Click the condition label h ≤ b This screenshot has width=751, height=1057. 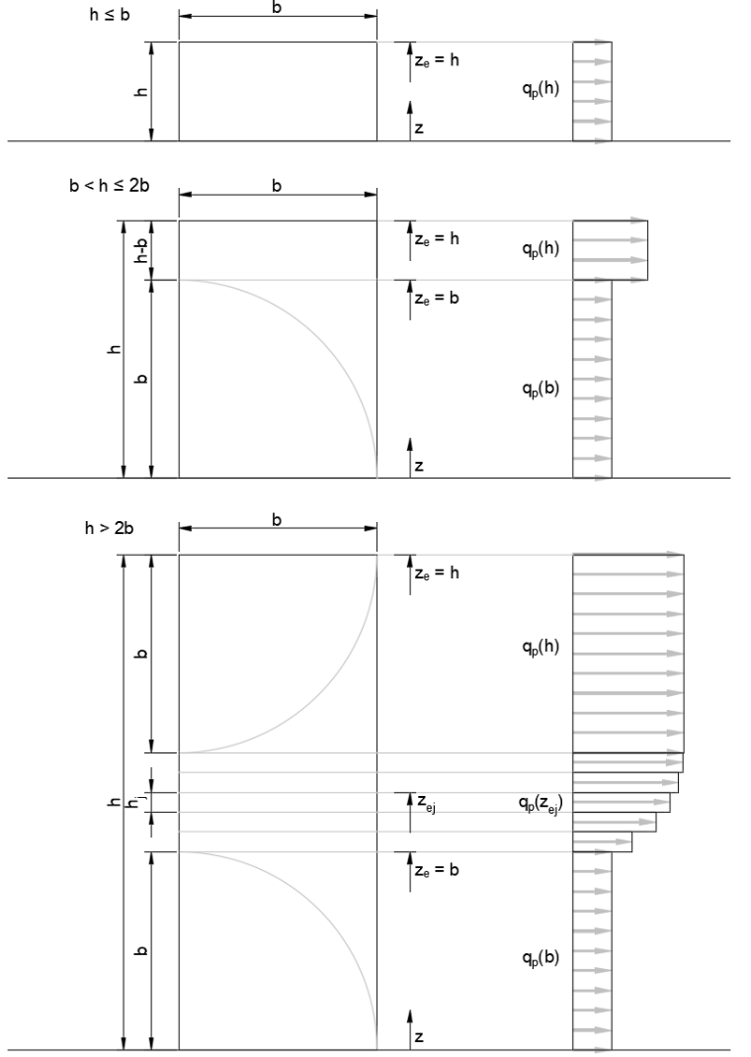(110, 14)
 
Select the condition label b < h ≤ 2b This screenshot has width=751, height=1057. (109, 185)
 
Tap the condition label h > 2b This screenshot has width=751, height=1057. (109, 528)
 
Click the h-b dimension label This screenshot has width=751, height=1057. (141, 250)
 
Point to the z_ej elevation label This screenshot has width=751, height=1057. (426, 803)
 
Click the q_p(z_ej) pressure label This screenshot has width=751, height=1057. (541, 803)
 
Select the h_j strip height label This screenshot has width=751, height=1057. (136, 802)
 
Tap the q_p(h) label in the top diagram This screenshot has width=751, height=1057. (541, 88)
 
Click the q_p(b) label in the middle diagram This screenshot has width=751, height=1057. (541, 389)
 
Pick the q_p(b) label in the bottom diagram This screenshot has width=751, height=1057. (541, 957)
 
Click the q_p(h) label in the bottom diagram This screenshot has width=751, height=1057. (541, 647)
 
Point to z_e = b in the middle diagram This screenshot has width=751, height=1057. (437, 298)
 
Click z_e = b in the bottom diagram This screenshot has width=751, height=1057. (437, 869)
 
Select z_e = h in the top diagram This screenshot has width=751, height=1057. (437, 60)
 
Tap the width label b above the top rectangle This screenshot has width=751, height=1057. (277, 8)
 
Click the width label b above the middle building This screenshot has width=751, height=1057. (277, 185)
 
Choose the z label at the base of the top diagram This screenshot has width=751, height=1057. (419, 129)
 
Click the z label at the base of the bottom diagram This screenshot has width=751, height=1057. (419, 1037)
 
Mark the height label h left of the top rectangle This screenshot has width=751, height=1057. (141, 92)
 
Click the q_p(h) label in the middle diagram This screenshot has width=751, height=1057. (541, 249)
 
